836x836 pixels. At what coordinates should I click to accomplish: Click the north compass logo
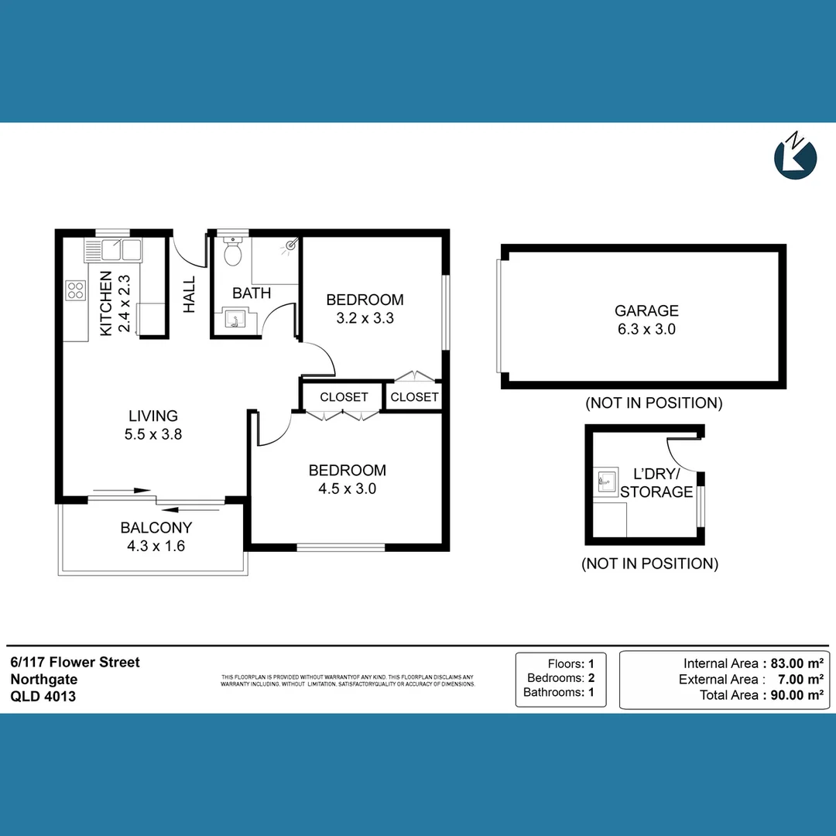[796, 157]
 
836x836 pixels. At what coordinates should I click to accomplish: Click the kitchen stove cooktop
[76, 290]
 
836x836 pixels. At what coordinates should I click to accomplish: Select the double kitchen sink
[113, 250]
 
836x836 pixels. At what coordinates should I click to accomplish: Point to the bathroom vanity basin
[233, 319]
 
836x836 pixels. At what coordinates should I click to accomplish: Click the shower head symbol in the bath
[290, 245]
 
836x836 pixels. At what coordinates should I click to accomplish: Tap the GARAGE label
[646, 310]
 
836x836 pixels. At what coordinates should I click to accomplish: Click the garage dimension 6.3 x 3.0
[646, 329]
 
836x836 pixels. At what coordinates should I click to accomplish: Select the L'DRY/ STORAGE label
[656, 482]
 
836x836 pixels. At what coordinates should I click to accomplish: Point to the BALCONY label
[156, 528]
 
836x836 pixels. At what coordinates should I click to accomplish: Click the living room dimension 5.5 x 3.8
[153, 434]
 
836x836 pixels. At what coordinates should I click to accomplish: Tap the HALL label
[190, 295]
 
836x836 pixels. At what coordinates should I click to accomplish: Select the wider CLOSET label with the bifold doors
[344, 397]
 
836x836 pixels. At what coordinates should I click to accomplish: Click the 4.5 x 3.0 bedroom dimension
[347, 488]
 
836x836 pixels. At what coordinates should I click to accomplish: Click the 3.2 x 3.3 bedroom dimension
[365, 317]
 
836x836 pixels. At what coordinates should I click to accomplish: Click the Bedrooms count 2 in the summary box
[591, 678]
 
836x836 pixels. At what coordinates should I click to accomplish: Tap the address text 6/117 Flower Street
[75, 662]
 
